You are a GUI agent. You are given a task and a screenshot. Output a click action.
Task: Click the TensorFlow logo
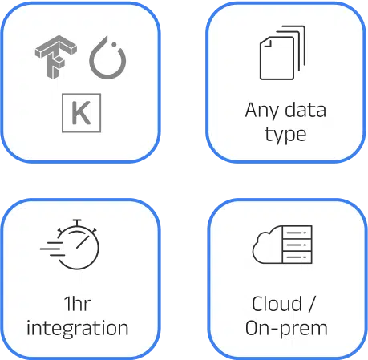point(55,57)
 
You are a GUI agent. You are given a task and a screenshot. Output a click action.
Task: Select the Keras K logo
point(82,113)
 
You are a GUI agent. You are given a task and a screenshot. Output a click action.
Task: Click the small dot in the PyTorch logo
point(114,44)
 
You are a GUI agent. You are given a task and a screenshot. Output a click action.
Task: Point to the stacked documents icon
point(282,53)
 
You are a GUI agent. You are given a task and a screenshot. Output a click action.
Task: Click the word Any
point(261,111)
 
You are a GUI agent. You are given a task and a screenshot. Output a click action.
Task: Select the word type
point(285,135)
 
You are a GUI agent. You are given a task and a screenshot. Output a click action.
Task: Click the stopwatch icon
point(70,245)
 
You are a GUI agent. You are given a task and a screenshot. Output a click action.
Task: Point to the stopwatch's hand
point(83,242)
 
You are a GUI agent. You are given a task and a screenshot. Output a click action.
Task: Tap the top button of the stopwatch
point(77,222)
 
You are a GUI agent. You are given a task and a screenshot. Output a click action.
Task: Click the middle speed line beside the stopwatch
point(51,249)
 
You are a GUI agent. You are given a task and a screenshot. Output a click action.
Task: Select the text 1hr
point(78,304)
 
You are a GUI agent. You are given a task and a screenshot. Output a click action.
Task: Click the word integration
point(78,328)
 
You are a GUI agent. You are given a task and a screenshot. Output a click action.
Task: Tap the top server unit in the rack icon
point(297,233)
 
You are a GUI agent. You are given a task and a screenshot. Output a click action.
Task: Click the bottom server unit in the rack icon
point(297,257)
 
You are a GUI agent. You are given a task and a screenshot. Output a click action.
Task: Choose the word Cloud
point(277,304)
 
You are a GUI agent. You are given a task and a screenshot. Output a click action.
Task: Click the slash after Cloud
point(312,304)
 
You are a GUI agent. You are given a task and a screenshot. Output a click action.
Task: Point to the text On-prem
point(286,328)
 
